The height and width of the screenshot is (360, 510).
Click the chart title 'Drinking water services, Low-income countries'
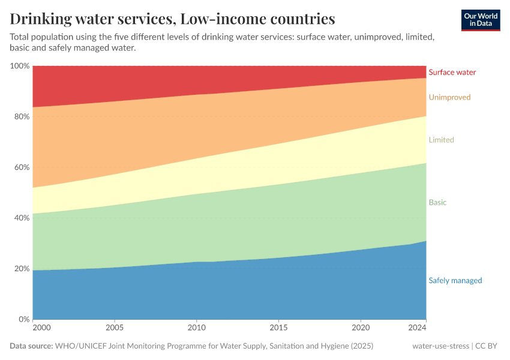tap(172, 19)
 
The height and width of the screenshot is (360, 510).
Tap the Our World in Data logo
tap(480, 20)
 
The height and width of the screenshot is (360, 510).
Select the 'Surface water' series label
tap(452, 73)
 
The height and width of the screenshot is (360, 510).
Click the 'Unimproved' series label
tap(449, 97)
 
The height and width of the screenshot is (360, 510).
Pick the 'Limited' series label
tap(441, 140)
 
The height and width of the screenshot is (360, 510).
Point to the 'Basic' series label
tap(437, 203)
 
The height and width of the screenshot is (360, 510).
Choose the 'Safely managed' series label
tap(455, 281)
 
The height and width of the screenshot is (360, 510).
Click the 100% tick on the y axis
tap(20, 66)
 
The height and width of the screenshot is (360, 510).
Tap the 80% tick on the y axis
tap(22, 116)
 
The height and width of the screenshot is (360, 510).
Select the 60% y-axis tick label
tap(22, 167)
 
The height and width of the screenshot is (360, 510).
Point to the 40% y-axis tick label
tap(22, 218)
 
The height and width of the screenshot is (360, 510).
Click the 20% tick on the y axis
tap(22, 269)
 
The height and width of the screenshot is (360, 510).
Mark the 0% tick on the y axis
tap(24, 319)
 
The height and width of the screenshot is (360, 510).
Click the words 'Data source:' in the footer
tap(31, 346)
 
